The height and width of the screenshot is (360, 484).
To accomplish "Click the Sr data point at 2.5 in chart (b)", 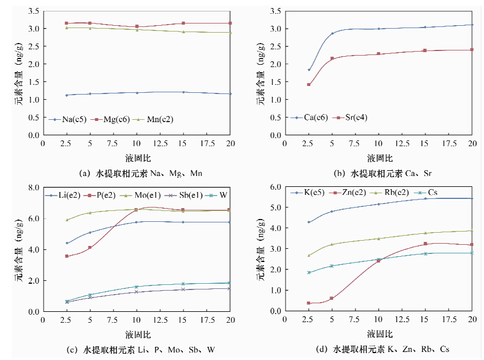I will [x=309, y=85].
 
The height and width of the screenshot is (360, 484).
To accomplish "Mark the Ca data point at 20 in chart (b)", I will [x=472, y=25].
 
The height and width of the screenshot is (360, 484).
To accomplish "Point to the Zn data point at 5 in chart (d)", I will [x=331, y=298].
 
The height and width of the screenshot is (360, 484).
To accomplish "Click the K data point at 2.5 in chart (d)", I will [x=309, y=222].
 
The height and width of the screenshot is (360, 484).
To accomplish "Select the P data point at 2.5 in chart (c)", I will [x=67, y=256].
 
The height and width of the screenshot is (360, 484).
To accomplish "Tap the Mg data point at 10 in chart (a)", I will [x=136, y=26].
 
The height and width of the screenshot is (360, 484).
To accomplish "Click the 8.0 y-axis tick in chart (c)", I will [x=32, y=187].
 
